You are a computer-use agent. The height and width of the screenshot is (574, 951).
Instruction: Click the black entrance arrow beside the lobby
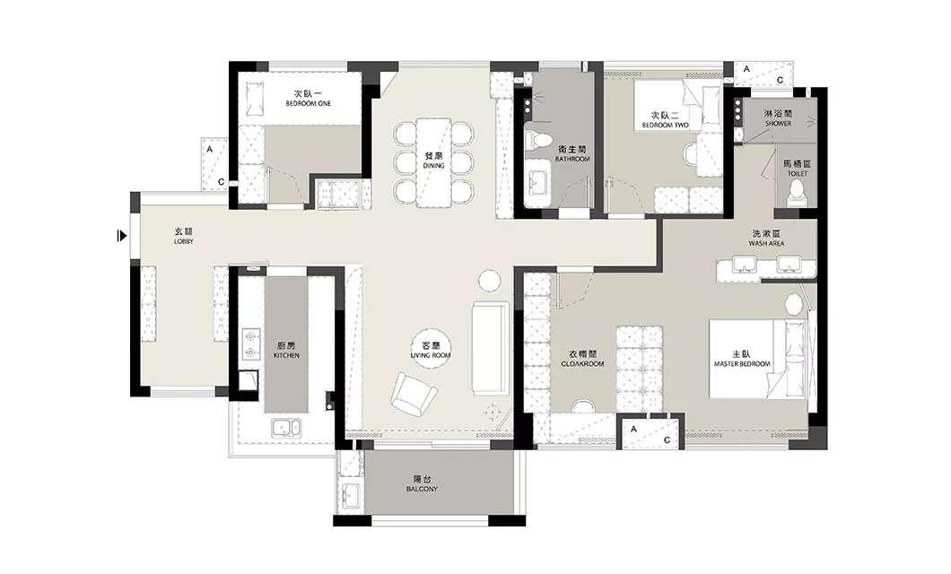click(x=122, y=236)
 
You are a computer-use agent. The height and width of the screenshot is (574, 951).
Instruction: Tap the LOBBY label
click(x=183, y=241)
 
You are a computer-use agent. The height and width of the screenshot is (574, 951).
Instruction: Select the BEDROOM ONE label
click(x=309, y=104)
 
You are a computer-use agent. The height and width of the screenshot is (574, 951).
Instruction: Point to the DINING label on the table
click(x=433, y=165)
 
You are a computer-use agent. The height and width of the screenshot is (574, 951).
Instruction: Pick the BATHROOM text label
click(x=571, y=159)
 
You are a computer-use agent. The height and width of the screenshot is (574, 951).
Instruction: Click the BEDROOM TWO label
click(x=666, y=126)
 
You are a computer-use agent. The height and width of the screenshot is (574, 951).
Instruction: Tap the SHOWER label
click(x=778, y=124)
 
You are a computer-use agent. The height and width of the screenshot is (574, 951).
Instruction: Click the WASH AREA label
click(x=766, y=243)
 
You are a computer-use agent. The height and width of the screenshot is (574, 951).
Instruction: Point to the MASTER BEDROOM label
click(x=742, y=363)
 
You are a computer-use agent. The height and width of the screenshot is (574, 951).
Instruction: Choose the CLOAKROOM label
click(x=582, y=363)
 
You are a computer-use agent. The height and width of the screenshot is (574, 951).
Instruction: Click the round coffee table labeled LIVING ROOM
click(x=431, y=351)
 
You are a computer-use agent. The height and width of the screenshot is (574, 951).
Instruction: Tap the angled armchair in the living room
click(x=414, y=395)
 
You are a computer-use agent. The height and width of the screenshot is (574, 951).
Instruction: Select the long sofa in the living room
click(x=490, y=349)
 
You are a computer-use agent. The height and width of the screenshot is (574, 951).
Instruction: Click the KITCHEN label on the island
click(x=286, y=356)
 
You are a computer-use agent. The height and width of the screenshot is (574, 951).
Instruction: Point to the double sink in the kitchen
click(x=285, y=428)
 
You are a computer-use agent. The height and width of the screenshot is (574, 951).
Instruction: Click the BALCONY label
click(x=423, y=489)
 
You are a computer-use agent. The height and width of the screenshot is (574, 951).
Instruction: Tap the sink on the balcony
click(x=351, y=497)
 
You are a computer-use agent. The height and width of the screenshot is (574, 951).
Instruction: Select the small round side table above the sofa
click(x=490, y=281)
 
